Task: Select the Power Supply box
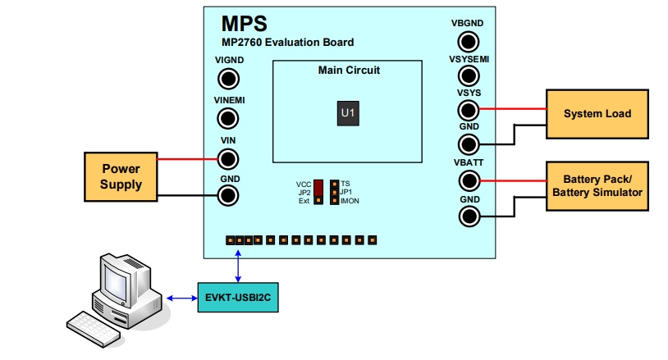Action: [121, 176]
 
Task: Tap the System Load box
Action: [597, 113]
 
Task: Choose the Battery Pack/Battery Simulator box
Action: [597, 185]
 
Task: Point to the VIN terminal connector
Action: [228, 159]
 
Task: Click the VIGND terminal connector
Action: [228, 79]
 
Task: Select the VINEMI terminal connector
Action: [228, 120]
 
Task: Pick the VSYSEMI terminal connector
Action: [469, 76]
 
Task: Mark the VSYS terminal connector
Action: [469, 110]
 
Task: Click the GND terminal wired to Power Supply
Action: [228, 195]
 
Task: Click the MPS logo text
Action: [244, 23]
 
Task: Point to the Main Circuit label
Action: [349, 71]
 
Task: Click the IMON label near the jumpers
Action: [350, 201]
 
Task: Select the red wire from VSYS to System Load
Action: [512, 108]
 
